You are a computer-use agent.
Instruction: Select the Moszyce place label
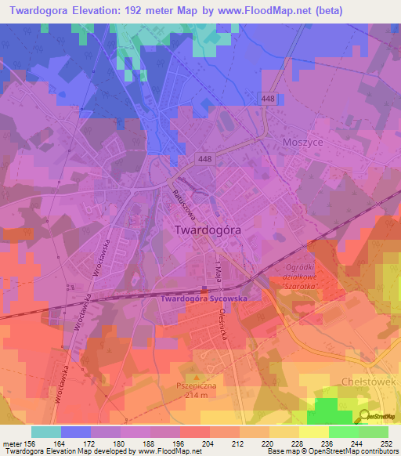click(302, 143)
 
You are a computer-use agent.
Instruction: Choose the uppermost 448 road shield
click(267, 96)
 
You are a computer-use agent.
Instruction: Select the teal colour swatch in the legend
click(46, 432)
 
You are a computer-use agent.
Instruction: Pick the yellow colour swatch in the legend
click(313, 432)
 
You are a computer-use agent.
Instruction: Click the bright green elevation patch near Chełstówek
click(329, 411)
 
